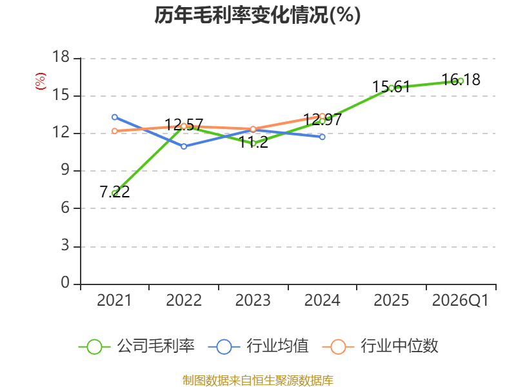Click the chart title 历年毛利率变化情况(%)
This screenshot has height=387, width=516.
[257, 15]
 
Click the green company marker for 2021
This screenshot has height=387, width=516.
[115, 193]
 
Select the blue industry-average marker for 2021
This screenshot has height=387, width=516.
[115, 117]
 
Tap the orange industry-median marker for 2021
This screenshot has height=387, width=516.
[115, 131]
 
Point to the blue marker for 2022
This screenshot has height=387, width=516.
[184, 146]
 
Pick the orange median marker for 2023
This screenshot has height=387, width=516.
[253, 129]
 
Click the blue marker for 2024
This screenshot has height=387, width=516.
[322, 137]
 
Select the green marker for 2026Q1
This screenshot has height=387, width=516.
[461, 81]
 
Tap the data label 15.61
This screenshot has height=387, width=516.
[392, 87]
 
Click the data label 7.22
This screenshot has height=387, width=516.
[115, 192]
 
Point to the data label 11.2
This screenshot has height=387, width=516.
[253, 142]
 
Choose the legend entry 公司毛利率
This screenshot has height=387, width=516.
[137, 346]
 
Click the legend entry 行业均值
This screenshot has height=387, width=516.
[259, 346]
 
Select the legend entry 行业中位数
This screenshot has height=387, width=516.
[381, 346]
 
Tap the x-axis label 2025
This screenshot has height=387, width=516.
[392, 301]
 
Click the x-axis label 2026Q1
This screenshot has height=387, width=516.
[461, 301]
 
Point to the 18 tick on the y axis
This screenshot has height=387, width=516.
[61, 57]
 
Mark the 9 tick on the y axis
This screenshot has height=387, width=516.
[65, 170]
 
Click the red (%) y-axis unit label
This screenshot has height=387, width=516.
[41, 81]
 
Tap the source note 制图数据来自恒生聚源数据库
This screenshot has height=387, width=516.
[258, 381]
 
